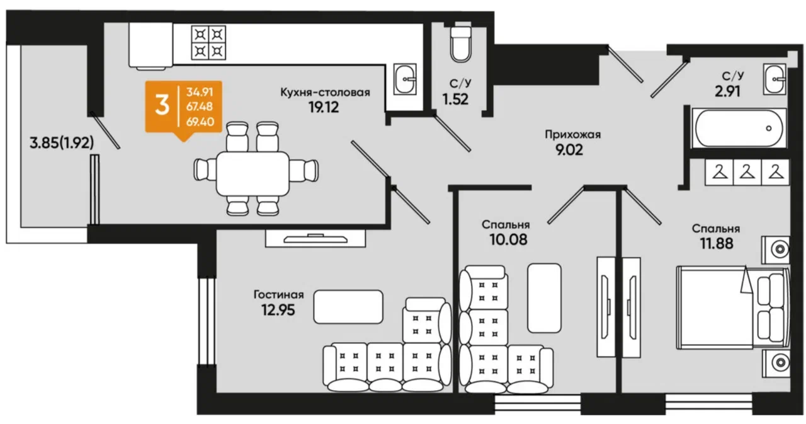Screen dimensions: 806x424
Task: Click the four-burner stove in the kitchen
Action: [x=208, y=42]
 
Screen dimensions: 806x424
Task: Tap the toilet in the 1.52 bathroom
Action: [x=460, y=44]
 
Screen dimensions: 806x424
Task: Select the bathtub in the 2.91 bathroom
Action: [x=739, y=128]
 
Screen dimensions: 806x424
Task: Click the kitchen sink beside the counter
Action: [x=405, y=79]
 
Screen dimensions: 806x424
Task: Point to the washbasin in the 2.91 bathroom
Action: [x=774, y=79]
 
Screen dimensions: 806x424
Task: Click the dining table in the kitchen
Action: [x=253, y=173]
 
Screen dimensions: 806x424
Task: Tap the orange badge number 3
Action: [x=162, y=106]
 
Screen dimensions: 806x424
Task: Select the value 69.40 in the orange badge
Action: [x=200, y=122]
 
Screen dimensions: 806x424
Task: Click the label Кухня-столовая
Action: [x=326, y=93]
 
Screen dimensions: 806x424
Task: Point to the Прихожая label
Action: [x=573, y=135]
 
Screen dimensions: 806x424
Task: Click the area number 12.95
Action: [x=278, y=310]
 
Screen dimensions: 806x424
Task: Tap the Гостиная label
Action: [x=279, y=295]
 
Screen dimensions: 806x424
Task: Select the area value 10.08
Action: [x=508, y=239]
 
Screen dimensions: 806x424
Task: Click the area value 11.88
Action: [x=717, y=244]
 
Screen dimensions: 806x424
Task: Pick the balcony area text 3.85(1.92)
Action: [x=62, y=143]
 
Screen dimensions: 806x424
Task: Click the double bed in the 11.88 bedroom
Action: [x=733, y=307]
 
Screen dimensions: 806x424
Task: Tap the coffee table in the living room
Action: [x=348, y=307]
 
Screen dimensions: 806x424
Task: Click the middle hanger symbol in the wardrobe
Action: [x=747, y=172]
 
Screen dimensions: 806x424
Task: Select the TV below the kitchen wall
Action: [x=315, y=239]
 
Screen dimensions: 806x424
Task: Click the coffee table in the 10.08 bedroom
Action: [x=545, y=298]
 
